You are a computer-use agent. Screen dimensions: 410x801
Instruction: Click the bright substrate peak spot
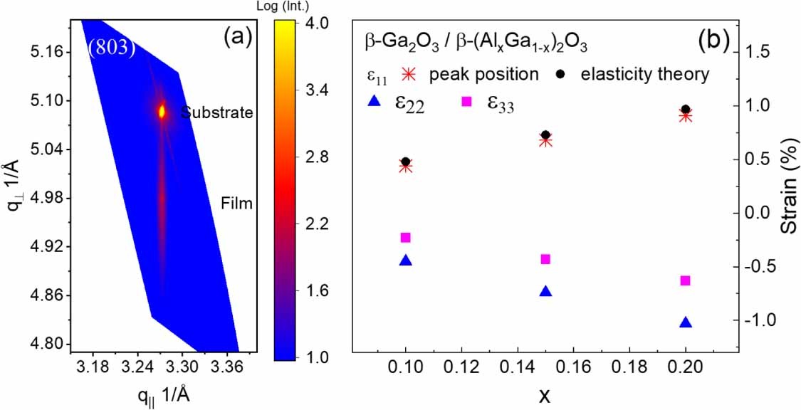point(162,111)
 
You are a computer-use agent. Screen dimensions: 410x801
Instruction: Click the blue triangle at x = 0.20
point(686,322)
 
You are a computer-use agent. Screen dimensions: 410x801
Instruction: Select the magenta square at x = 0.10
point(406,238)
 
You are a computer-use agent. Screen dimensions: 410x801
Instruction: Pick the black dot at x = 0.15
point(546,135)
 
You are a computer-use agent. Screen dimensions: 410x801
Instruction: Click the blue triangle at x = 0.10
point(406,261)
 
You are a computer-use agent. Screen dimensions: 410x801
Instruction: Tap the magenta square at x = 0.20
point(686,280)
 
